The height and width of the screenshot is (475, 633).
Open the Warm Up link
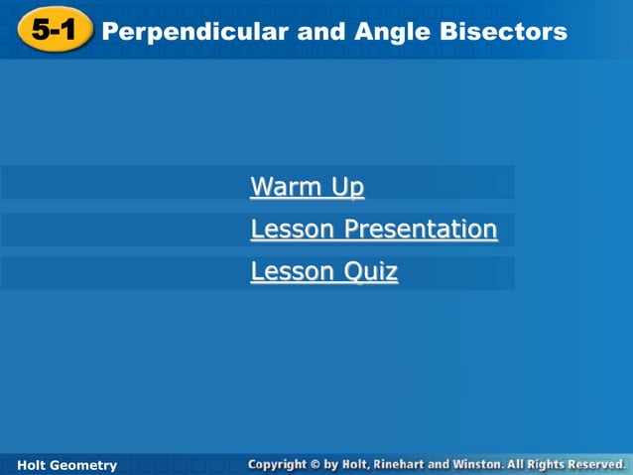307,187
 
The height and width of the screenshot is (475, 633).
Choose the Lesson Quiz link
323,271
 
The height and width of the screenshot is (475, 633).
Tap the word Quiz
371,271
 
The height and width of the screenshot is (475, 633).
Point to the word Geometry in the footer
84,465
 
